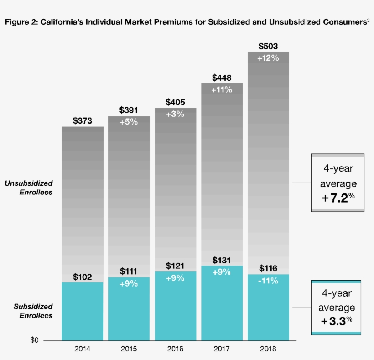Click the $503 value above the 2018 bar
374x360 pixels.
[x=268, y=47]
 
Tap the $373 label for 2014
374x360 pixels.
[x=83, y=121]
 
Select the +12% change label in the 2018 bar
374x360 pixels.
[x=268, y=58]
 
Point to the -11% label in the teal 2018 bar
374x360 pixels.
[x=268, y=281]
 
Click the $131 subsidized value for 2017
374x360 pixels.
[x=222, y=261]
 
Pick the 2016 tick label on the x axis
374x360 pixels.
[x=176, y=350]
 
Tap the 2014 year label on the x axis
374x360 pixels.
[x=83, y=350]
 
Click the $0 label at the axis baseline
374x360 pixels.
[x=35, y=340]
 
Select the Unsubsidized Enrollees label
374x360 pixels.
[x=29, y=188]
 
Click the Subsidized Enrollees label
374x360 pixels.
[x=33, y=311]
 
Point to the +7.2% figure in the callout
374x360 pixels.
[x=338, y=199]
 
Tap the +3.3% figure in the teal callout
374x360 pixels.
[x=338, y=321]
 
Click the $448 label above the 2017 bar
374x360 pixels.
[x=222, y=78]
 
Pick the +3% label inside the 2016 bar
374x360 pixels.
[x=176, y=114]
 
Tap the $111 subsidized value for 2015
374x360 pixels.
[x=129, y=271]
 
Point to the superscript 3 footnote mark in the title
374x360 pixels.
[x=368, y=20]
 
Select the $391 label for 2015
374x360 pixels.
[x=129, y=110]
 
